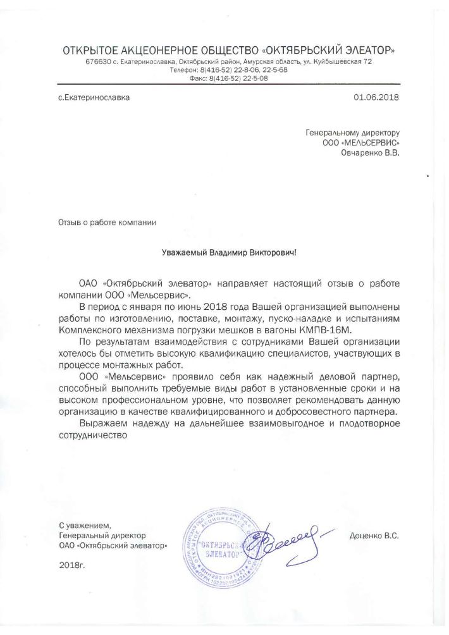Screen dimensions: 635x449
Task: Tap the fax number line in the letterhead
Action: click(229, 78)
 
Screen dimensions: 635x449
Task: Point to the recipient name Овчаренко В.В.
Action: click(371, 152)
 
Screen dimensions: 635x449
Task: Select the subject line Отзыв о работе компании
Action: click(107, 223)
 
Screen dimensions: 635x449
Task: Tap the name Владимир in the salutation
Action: click(223, 252)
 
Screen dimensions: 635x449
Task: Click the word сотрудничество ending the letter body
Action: click(93, 435)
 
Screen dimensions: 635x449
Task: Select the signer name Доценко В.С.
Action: click(374, 536)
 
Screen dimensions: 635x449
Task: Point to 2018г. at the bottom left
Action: click(71, 562)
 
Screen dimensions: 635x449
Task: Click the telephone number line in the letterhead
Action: click(229, 70)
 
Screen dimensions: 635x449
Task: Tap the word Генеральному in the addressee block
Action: click(330, 133)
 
